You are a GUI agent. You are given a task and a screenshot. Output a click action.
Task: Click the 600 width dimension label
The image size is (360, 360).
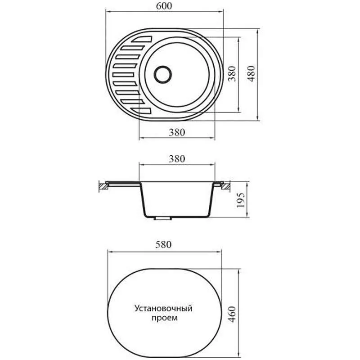click(164, 6)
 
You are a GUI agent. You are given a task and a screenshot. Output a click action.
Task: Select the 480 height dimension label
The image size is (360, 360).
click(252, 74)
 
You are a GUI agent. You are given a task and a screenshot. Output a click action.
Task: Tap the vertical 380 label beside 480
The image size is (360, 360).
click(232, 74)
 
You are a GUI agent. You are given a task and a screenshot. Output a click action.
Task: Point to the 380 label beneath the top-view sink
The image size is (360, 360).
click(177, 132)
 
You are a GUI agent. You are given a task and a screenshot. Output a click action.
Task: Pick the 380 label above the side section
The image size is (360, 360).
click(177, 159)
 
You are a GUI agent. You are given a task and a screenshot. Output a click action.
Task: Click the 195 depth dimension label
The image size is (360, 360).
click(241, 200)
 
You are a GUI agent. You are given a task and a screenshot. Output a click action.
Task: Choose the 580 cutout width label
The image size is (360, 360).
click(163, 244)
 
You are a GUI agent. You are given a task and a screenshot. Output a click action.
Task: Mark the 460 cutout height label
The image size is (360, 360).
click(232, 314)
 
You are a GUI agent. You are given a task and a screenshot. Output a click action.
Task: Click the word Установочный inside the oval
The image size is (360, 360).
click(163, 308)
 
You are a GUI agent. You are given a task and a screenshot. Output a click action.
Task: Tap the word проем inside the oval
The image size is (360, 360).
click(165, 318)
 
